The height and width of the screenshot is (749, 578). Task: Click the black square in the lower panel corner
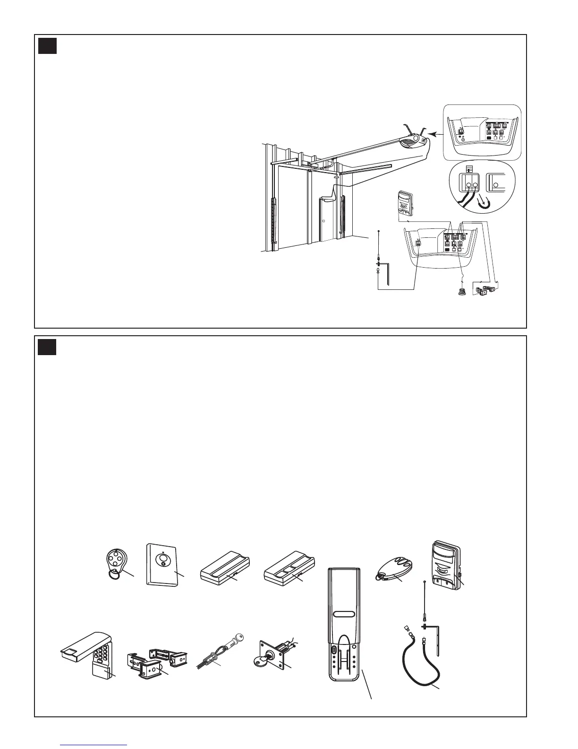coord(47,347)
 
